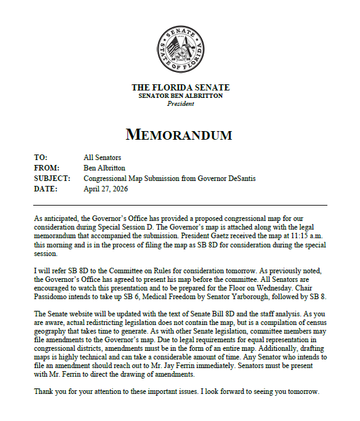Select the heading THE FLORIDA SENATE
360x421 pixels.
pos(180,87)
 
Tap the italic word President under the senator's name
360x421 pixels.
pos(180,103)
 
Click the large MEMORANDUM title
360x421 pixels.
pos(180,134)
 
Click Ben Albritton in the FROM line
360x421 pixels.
pos(105,168)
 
